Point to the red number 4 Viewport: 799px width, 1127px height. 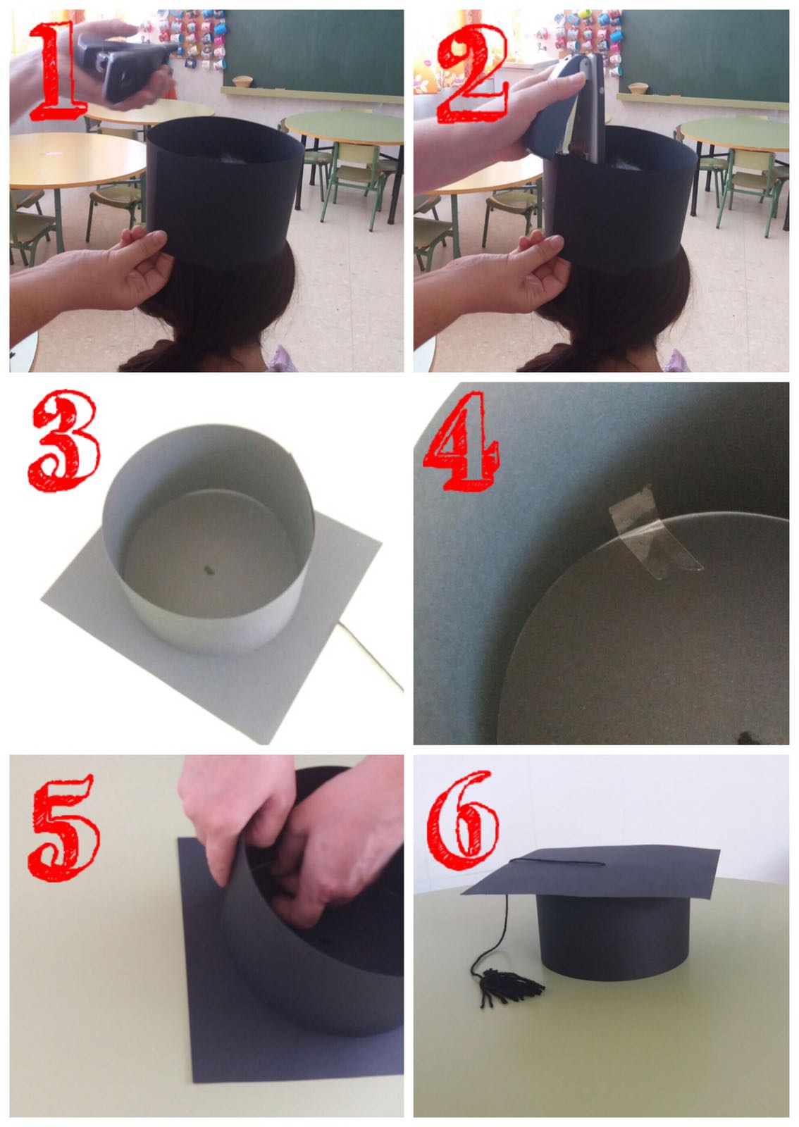462,440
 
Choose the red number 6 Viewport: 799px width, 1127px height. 463,820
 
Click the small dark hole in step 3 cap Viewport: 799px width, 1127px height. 209,570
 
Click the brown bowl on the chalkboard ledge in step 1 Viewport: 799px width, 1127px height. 244,82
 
